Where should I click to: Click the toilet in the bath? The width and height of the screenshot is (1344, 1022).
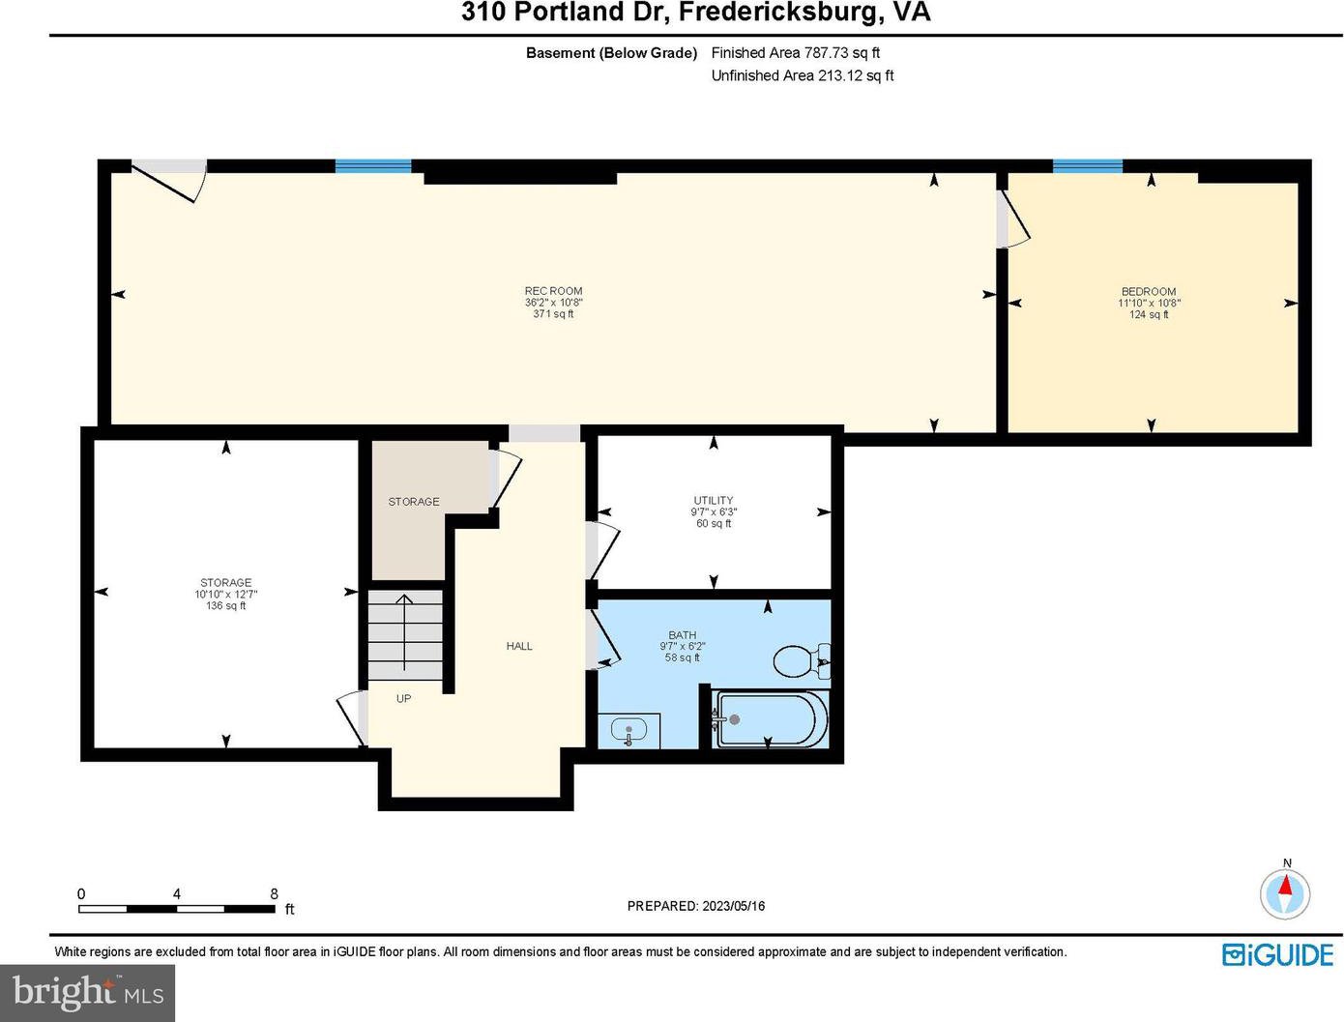pos(801,660)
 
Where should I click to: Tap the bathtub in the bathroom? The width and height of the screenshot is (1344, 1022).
pos(771,719)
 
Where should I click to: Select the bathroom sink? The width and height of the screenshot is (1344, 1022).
pos(628,731)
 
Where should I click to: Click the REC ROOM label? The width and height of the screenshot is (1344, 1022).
pos(553,291)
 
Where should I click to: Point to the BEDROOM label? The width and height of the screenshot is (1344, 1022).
pos(1148,292)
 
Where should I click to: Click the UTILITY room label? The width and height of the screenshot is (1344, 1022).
pos(713,500)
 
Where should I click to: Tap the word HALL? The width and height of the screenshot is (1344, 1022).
pos(518,646)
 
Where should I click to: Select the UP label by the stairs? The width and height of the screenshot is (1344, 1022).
pos(403,699)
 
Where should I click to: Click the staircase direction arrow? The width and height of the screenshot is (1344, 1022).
pos(404,632)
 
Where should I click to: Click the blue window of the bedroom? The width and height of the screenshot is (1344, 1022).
pos(1087,165)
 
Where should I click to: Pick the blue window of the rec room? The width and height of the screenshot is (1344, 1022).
pos(372,165)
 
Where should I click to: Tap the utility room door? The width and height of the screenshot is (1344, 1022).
pos(604,550)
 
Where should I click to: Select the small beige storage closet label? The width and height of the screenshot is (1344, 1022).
pos(413,502)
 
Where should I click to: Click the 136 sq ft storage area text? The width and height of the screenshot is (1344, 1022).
pos(225,605)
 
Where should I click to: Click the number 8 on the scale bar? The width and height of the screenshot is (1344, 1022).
pos(274,893)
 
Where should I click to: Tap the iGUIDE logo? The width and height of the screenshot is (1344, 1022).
pos(1277,954)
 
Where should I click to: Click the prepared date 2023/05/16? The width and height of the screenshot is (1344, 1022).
pos(733,906)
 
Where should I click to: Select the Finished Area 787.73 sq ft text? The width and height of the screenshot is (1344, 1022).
pos(795,52)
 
